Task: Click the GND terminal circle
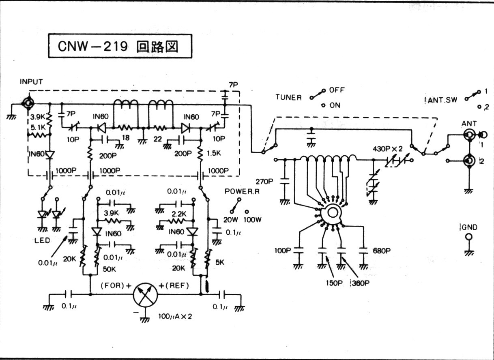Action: tap(469, 237)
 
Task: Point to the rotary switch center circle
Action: tap(333, 212)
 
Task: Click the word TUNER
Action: tap(288, 98)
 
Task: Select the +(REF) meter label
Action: tap(174, 285)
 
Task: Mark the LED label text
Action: tap(42, 240)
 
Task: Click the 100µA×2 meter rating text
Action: tap(175, 316)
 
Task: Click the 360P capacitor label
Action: tap(360, 283)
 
